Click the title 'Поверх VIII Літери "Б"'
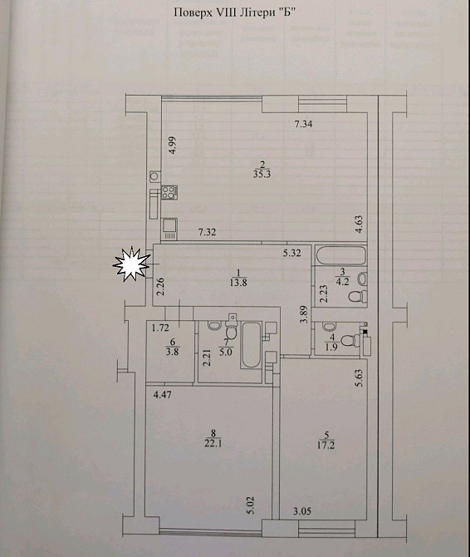(234, 13)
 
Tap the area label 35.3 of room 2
(262, 175)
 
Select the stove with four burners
(170, 192)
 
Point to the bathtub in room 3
(340, 255)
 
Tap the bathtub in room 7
(251, 345)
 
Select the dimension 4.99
(173, 145)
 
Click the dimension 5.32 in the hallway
(292, 254)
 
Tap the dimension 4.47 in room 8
(162, 394)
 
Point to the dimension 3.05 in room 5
(302, 511)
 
